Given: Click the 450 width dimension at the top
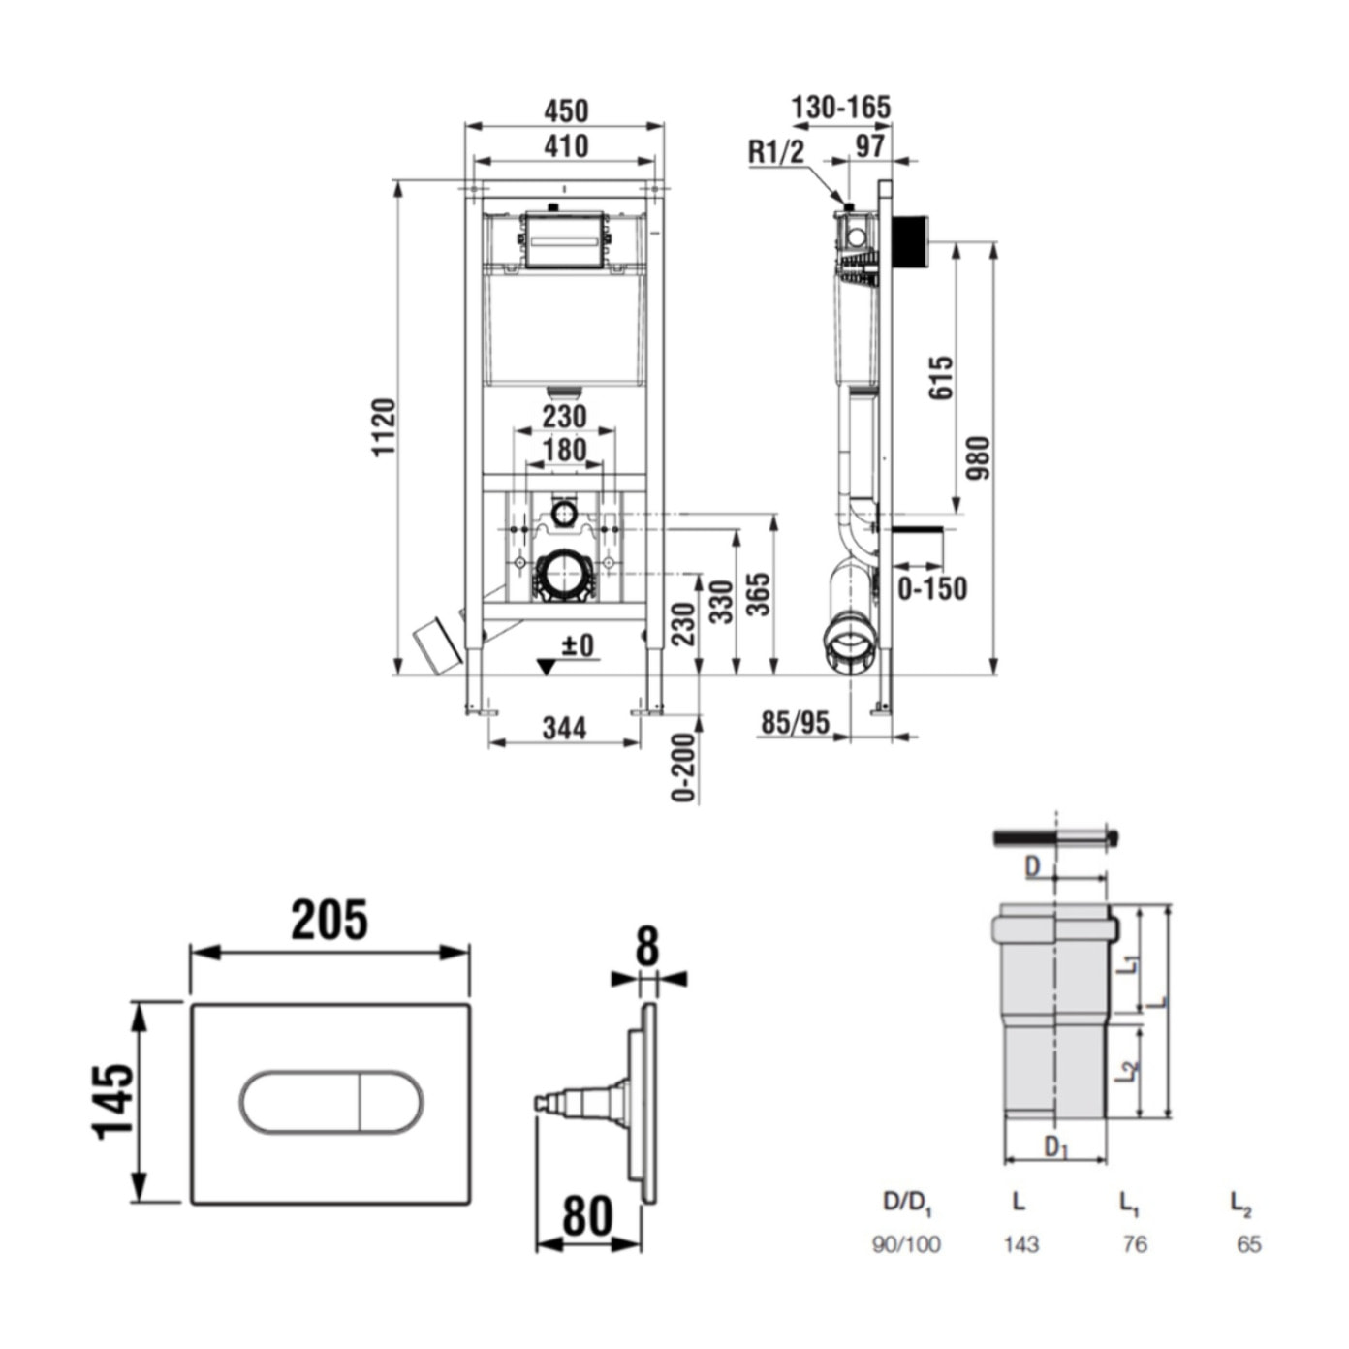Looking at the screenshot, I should click(565, 110).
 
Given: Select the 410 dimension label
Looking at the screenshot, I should click(565, 146).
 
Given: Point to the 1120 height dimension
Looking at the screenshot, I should click(385, 426).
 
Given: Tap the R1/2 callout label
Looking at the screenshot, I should click(775, 152).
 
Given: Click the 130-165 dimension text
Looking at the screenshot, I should click(840, 108).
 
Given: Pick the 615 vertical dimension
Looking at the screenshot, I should click(941, 377).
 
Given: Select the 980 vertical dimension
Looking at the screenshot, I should click(978, 457).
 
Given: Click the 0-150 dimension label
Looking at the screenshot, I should click(931, 588).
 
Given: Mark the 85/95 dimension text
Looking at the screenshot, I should click(795, 722).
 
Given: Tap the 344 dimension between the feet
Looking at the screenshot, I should click(564, 728).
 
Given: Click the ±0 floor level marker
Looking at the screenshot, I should click(578, 645).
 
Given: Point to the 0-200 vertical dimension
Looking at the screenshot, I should click(684, 768).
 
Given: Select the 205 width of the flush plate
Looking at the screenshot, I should click(329, 921).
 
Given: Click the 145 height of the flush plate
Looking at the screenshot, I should click(114, 1101).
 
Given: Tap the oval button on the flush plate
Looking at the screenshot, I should click(330, 1103).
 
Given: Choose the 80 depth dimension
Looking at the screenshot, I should click(587, 1216).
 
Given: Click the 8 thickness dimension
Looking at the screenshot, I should click(647, 947).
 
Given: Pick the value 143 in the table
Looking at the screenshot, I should click(1020, 1244).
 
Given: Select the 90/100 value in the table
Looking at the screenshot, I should click(906, 1244).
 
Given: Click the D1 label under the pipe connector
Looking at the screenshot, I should click(1055, 1147).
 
